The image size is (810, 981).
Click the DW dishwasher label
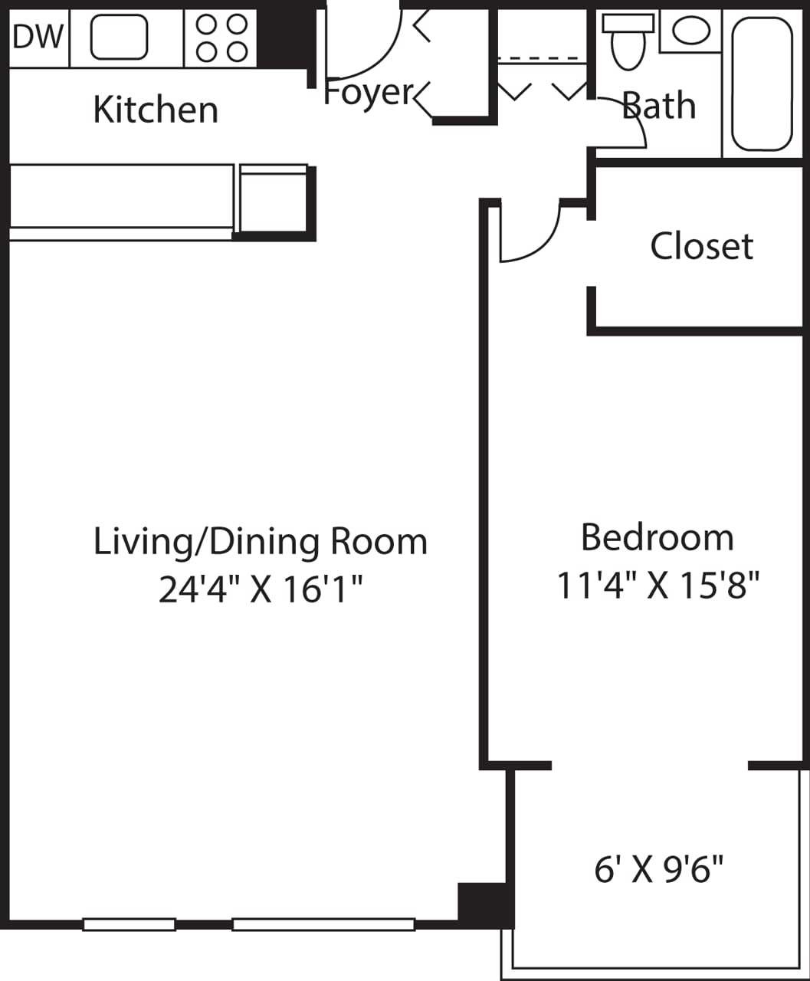pos(38,37)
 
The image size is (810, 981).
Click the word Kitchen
pos(156,110)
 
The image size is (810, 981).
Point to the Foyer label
pos(369,93)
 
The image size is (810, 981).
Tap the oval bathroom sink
pos(691,31)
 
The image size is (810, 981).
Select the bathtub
pos(762,84)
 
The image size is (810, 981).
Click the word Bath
pos(660,106)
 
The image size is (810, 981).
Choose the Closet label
pos(702,246)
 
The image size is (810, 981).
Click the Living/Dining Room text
pos(260,541)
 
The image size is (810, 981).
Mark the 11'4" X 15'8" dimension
pos(658,586)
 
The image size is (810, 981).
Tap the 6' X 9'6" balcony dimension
pos(659,869)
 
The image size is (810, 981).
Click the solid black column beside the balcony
pos(484,903)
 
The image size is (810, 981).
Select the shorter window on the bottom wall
pos(129,924)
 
